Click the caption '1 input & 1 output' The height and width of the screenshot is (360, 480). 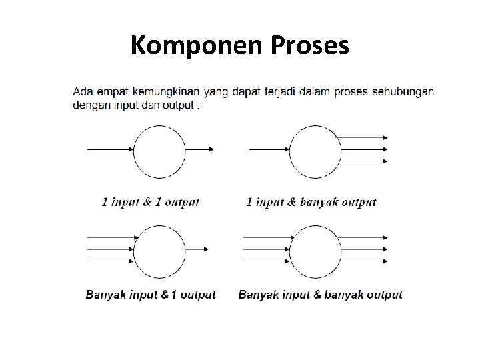151,202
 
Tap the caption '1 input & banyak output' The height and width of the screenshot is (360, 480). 311,202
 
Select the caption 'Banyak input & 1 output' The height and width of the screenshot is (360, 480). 151,295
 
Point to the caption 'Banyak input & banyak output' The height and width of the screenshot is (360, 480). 321,295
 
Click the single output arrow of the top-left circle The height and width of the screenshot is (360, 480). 199,149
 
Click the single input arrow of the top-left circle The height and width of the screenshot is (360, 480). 111,149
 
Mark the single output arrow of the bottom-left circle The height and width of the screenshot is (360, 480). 197,249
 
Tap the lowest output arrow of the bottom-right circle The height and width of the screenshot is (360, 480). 362,261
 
